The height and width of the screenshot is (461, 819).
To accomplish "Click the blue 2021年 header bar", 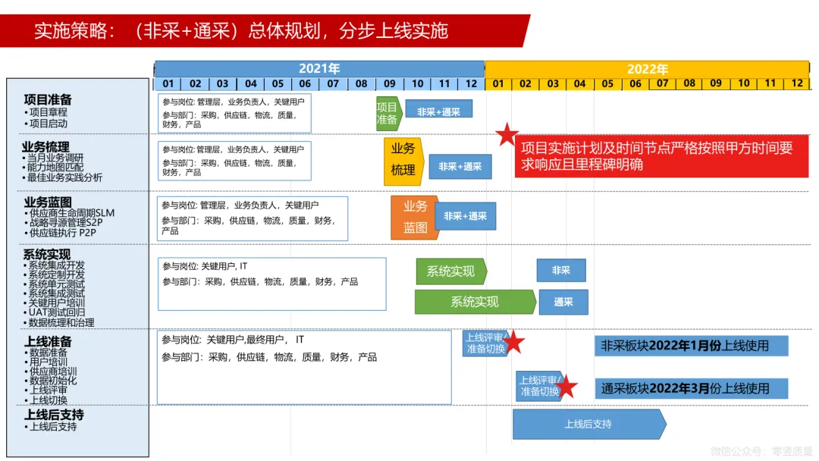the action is [319, 69].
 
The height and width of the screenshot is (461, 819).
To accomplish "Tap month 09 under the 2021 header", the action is [389, 84].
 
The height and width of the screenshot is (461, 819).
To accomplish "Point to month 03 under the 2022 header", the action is [553, 84].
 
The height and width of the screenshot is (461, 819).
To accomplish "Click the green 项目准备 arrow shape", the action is [388, 113].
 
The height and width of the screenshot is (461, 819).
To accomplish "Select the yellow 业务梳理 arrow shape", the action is [403, 160].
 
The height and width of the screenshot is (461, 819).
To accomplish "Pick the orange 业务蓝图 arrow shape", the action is [414, 217].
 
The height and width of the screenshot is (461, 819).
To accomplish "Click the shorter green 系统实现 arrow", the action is [450, 271].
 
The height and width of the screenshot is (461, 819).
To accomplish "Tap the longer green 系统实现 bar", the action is [474, 302].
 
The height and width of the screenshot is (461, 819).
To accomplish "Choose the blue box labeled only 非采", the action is [560, 271].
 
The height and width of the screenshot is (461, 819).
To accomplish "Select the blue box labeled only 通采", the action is [563, 302].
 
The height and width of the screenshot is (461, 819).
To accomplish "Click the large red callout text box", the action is [661, 156].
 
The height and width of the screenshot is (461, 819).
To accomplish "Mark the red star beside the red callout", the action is [507, 135].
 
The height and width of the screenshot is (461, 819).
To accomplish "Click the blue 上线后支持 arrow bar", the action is [588, 424].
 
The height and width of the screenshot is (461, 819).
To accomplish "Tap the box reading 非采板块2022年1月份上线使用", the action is [691, 346].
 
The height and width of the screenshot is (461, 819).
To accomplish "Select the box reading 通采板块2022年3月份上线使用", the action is [691, 388].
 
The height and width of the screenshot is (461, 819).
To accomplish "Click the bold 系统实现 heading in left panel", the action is [46, 255].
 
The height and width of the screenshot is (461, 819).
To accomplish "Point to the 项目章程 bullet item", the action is [48, 112].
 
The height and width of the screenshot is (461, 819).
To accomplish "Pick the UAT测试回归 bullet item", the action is [56, 312].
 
